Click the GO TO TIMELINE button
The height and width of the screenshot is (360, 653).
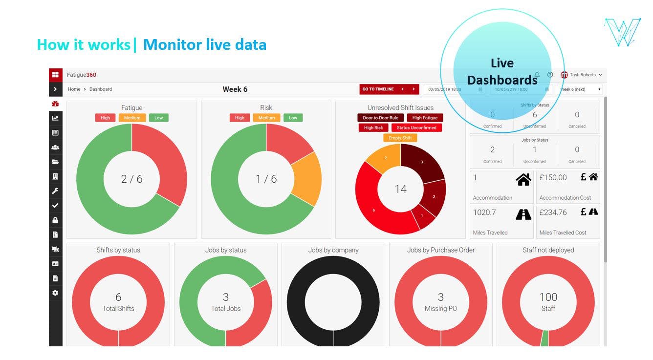point(378,89)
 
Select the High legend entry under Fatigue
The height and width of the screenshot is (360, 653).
point(105,118)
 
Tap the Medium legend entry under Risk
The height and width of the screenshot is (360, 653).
point(266,118)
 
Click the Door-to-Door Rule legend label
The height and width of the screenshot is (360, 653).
point(380,118)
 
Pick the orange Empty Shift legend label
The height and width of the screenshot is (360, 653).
point(400,138)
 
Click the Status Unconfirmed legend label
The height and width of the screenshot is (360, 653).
point(416,128)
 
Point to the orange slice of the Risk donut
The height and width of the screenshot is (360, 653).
point(307,179)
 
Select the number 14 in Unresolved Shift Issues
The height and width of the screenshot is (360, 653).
point(400,189)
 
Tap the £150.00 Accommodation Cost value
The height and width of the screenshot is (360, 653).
point(553,178)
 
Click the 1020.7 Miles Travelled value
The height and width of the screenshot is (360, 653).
point(484,212)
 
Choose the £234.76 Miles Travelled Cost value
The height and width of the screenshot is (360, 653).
point(553,212)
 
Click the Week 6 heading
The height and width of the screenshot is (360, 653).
point(235,89)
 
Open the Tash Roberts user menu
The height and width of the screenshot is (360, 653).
point(582,75)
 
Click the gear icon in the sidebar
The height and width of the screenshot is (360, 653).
point(55,293)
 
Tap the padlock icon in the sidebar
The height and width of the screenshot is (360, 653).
point(55,220)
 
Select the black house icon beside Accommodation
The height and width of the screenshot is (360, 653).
point(523,180)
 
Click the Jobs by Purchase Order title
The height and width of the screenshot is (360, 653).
point(440,250)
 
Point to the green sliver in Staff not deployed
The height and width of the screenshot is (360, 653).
point(544,339)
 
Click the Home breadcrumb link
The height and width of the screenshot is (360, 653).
point(74,89)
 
